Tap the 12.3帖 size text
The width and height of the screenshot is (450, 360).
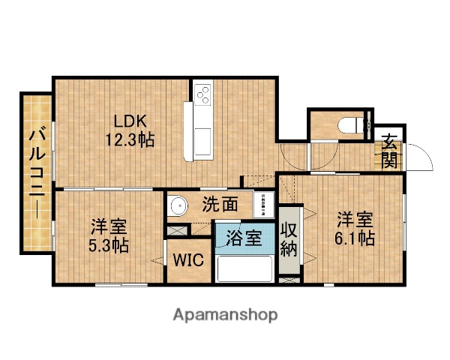(x=133, y=139)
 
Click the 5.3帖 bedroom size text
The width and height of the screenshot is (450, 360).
(x=109, y=244)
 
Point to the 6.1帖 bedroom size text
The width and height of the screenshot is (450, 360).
(x=355, y=238)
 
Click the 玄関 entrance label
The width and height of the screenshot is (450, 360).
(x=391, y=150)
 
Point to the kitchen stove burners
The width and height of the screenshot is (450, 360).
(x=202, y=95)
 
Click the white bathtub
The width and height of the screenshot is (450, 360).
(x=244, y=268)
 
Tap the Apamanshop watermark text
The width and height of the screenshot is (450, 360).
(x=225, y=314)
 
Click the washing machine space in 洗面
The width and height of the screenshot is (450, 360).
(x=264, y=203)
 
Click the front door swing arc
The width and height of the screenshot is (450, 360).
(x=421, y=160)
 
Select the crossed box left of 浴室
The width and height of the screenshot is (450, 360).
(x=177, y=231)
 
